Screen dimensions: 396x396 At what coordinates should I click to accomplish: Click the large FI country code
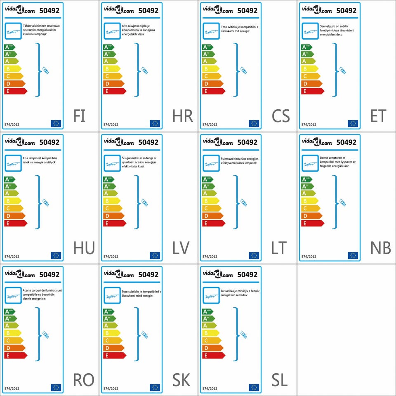[x=79, y=116]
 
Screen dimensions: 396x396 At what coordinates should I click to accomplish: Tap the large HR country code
[x=183, y=116]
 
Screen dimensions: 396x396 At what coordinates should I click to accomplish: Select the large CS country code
[x=280, y=116]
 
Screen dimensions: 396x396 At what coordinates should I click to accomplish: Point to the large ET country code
[x=378, y=116]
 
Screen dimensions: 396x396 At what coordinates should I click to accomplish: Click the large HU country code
[x=84, y=248]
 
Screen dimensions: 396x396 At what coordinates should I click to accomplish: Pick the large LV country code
[x=181, y=248]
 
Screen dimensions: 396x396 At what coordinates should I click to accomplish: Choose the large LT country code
[x=279, y=248]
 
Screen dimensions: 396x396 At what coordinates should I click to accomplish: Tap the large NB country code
[x=380, y=248]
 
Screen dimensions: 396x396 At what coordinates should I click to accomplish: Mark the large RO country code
[x=83, y=380]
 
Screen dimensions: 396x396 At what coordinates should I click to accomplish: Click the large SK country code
[x=181, y=380]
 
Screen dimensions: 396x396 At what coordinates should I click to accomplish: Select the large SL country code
[x=279, y=380]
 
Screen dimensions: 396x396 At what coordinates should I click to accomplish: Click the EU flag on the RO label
[x=56, y=387]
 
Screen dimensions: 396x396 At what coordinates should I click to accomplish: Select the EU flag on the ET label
[x=353, y=123]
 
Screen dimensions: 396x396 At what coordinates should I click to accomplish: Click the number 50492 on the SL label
[x=247, y=274]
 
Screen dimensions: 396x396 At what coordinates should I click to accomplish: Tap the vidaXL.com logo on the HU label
[x=20, y=142]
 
